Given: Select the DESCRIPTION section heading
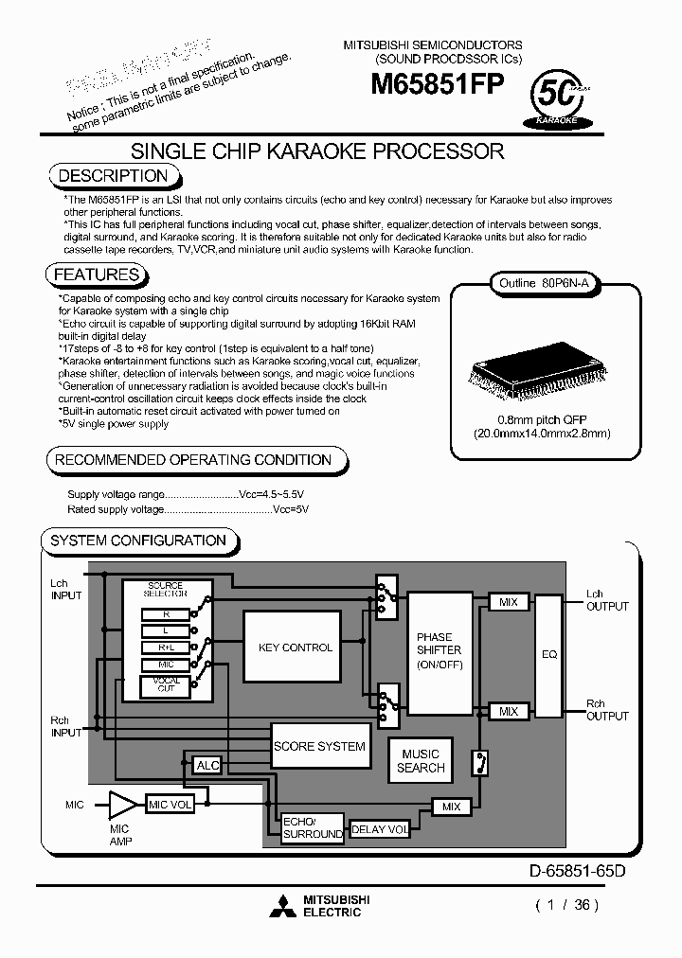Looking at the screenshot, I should click(x=113, y=175).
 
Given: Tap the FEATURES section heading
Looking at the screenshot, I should click(x=97, y=275).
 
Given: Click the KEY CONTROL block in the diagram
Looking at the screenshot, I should click(x=295, y=648).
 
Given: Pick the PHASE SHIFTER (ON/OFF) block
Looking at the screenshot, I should click(x=439, y=652).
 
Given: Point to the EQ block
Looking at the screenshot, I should click(x=548, y=653).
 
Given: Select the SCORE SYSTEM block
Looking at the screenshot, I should click(x=319, y=746).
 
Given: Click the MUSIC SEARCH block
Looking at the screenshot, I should click(x=421, y=761).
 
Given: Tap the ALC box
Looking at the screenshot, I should click(x=206, y=765).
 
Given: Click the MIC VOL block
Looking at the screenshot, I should click(x=170, y=805).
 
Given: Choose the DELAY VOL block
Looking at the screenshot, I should click(x=380, y=829).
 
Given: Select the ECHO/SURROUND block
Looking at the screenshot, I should click(x=312, y=827).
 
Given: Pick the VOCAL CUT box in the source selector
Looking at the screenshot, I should click(x=166, y=686).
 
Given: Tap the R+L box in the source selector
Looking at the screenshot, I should click(x=166, y=648).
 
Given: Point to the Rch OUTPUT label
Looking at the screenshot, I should click(x=606, y=710).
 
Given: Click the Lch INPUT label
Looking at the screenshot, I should click(x=66, y=590).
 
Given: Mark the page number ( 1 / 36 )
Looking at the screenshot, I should click(x=567, y=904).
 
